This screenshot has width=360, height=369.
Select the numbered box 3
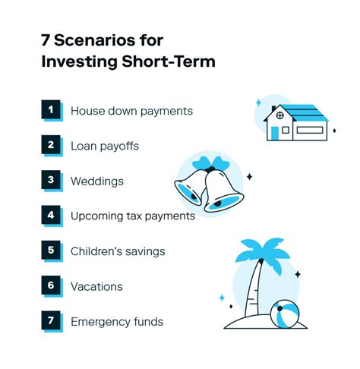51,181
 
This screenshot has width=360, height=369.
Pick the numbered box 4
51,216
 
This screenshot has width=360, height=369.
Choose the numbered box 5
51,251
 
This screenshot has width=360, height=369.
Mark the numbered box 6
51,286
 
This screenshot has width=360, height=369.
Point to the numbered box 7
51,321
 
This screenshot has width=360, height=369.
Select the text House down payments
131,111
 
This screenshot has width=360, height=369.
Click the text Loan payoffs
105,146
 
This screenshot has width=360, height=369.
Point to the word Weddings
96,181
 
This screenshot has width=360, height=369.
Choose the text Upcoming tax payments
133,216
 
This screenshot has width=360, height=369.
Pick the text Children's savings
117,251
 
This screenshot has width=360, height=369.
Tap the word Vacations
96,286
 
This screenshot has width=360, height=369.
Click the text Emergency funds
116,321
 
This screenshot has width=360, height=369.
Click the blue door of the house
274,133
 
